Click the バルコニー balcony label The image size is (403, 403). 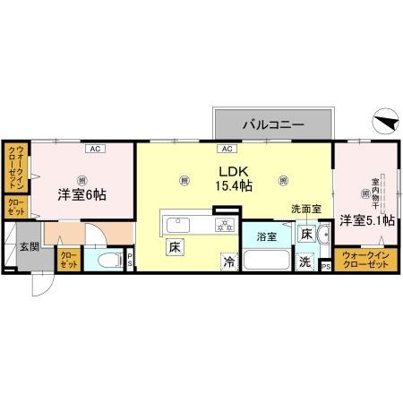coord(273,124)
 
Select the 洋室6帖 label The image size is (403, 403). coord(82,193)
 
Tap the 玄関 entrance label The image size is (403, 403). coord(30,246)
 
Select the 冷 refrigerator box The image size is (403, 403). coord(229,262)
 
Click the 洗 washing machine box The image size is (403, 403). coord(305,262)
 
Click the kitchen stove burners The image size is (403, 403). coord(224,225)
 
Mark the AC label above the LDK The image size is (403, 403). coord(227,149)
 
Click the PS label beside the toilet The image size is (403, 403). coord(131,262)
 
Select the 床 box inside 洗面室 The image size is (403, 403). coord(306,236)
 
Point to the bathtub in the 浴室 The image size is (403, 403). coord(266,263)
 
